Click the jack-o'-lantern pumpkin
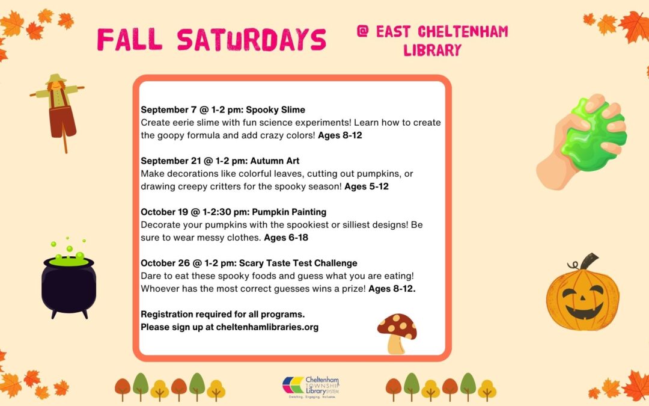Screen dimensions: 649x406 point(583,294)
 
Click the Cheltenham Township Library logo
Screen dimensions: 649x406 point(311,387)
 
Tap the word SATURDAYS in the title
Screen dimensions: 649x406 point(252,40)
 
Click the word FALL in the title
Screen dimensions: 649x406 point(130,40)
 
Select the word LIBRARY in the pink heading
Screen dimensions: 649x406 point(432,50)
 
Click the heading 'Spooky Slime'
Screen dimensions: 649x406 point(275,110)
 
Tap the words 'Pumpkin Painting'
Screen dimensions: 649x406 point(289,212)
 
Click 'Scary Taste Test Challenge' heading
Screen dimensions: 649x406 point(298,263)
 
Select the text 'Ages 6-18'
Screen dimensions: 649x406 point(286,238)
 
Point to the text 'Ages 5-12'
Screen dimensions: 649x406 point(367,186)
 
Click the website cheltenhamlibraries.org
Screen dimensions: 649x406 point(267,327)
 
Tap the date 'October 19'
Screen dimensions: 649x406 point(164,212)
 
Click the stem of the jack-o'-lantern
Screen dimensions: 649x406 point(588,262)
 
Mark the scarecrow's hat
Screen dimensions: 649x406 point(56,78)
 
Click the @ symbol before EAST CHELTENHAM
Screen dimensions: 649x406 point(362,31)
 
